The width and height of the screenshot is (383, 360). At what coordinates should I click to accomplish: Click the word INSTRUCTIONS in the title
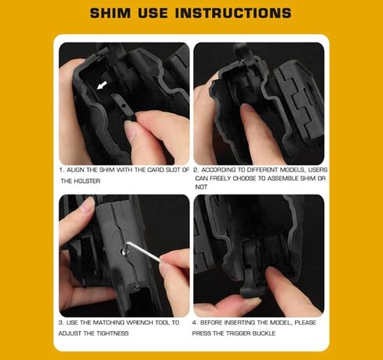click(x=236, y=13)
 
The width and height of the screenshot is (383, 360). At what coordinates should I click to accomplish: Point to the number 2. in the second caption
click(x=196, y=169)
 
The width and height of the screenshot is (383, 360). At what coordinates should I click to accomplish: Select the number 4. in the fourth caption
click(x=196, y=322)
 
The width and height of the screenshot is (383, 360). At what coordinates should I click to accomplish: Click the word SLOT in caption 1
click(x=174, y=169)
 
